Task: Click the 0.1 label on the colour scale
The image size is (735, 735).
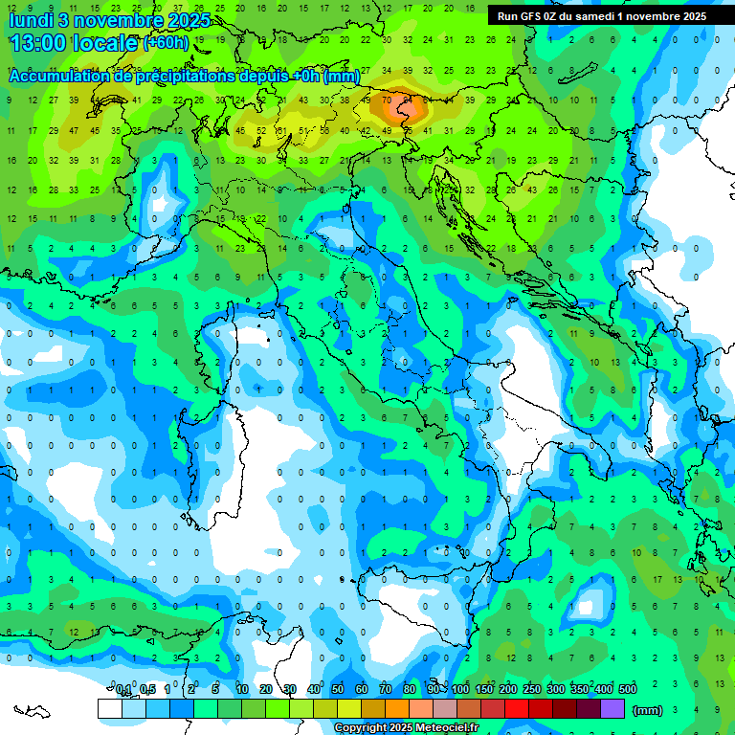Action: point(123,690)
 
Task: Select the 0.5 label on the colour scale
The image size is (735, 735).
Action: point(147,690)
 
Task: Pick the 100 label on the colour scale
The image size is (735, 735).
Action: point(460,690)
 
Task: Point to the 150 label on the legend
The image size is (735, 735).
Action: point(484,690)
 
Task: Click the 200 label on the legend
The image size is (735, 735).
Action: point(508,690)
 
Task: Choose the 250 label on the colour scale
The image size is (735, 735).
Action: point(532,690)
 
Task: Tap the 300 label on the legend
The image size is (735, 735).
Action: point(556,690)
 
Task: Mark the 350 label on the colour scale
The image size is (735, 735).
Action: point(580,690)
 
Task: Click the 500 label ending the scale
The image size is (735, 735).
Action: point(628,690)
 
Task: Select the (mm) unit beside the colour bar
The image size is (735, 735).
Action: point(648,709)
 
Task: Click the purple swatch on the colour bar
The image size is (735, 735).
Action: point(612,709)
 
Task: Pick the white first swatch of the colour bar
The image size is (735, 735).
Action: point(109,709)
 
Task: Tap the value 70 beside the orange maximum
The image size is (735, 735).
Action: point(387,100)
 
